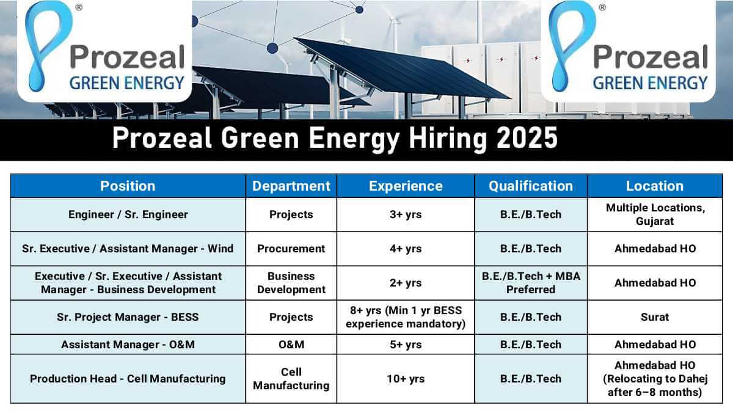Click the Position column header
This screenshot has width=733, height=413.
tap(128, 186)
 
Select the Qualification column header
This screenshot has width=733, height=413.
tap(531, 186)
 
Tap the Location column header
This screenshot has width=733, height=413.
tap(655, 186)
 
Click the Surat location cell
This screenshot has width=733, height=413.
tap(655, 317)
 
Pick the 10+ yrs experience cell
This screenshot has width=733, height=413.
tap(406, 379)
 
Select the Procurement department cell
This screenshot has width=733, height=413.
tap(291, 249)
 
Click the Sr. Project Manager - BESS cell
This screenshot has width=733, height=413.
tap(128, 317)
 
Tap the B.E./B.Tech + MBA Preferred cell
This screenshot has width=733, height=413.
tap(531, 283)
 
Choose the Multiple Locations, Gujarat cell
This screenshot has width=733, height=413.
tap(655, 214)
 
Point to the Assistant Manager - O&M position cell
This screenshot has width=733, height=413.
tap(128, 345)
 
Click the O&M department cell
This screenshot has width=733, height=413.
tap(291, 345)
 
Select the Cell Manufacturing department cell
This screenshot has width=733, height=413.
tap(291, 379)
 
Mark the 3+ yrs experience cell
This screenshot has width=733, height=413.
tap(406, 214)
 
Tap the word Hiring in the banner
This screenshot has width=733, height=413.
tap(448, 139)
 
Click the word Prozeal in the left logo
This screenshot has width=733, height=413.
tap(127, 57)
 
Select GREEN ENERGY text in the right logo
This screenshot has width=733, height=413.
tap(650, 83)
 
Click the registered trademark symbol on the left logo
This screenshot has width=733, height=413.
tap(79, 7)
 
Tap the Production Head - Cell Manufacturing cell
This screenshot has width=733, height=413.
tap(128, 379)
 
